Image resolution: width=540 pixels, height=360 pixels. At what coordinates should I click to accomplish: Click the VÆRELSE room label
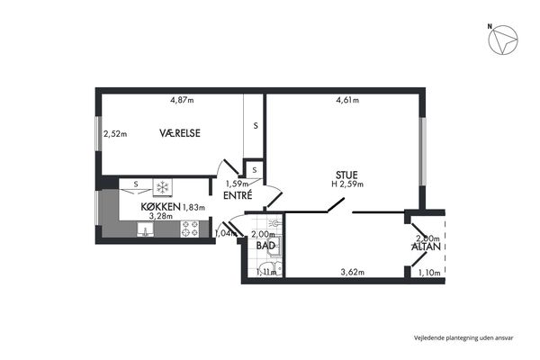[x=180, y=133]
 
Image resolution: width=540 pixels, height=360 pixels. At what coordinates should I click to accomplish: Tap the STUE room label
[x=346, y=175]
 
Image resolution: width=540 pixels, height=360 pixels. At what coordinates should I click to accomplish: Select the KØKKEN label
[x=160, y=207]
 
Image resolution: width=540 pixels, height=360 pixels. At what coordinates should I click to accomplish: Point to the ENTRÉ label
[x=238, y=195]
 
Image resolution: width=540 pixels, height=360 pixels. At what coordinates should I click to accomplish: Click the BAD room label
[x=265, y=246]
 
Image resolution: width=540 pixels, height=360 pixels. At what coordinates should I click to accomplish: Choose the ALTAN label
[x=426, y=247]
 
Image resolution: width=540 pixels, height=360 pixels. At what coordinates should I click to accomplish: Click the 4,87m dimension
[x=182, y=100]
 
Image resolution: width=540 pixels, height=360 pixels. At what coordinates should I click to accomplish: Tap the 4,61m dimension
[x=347, y=100]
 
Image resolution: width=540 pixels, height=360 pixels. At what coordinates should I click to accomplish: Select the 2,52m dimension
[x=115, y=134]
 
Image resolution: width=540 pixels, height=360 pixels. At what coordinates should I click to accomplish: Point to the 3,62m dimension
[x=353, y=273]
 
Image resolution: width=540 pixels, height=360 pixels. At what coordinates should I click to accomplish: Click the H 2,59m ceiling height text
[x=347, y=184]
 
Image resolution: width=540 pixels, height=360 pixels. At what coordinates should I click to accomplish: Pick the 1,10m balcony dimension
[x=429, y=273]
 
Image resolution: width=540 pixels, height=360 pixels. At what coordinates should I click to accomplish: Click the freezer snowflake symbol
[x=162, y=187]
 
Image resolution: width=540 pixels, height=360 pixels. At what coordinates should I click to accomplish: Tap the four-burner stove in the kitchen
[x=190, y=229]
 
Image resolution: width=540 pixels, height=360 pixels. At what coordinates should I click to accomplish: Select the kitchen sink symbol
[x=145, y=229]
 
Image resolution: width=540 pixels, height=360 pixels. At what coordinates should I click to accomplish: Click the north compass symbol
[x=503, y=40]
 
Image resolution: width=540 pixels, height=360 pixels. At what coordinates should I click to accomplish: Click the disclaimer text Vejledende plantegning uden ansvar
[x=463, y=338]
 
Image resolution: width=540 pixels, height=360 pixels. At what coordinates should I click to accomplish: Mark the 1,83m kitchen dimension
[x=193, y=207]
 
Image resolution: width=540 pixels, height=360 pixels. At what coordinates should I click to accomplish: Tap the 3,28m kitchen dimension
[x=161, y=216]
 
